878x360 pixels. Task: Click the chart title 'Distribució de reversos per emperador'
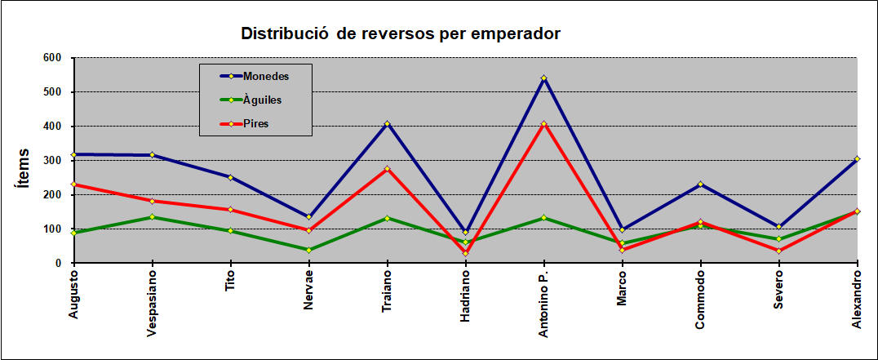pos(401,34)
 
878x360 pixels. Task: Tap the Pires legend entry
pos(255,124)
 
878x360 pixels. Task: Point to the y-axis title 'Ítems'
pos(24,168)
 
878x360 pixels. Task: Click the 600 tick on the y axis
pos(52,58)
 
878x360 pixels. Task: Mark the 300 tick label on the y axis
pos(52,161)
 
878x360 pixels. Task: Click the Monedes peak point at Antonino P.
pos(543,78)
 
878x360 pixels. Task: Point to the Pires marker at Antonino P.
pos(543,124)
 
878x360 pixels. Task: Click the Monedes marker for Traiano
pos(387,124)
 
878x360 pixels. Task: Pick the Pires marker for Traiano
pos(387,169)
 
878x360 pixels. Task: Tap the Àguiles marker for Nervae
pos(308,250)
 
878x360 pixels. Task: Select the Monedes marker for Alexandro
pos(857,159)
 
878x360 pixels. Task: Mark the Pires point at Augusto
pos(74,184)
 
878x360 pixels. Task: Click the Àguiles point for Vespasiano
pos(152,217)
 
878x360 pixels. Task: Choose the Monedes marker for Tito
pos(230,177)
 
